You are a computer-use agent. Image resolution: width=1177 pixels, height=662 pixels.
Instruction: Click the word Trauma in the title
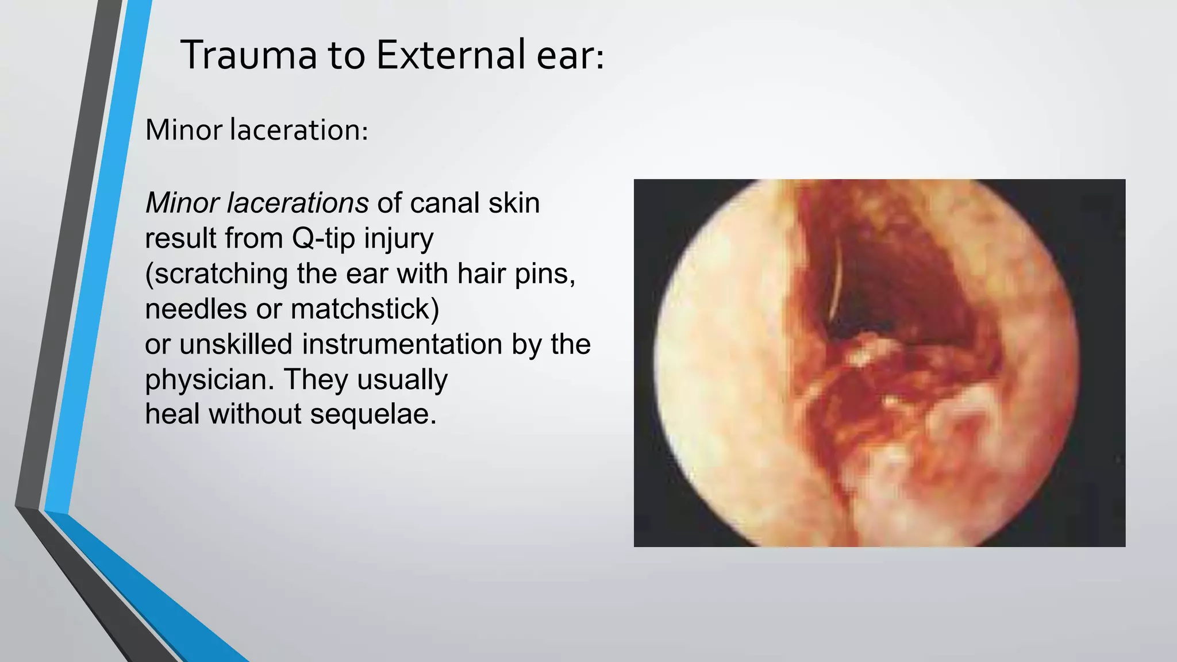tap(249, 55)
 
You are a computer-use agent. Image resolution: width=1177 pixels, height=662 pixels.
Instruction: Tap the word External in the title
tap(450, 55)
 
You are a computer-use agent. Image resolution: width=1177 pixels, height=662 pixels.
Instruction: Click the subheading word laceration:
tap(298, 130)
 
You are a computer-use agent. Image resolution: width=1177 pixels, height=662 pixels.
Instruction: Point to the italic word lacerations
tap(297, 203)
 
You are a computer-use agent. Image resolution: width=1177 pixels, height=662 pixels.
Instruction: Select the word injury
tap(398, 238)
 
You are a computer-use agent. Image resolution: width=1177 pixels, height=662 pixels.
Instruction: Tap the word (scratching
tap(216, 274)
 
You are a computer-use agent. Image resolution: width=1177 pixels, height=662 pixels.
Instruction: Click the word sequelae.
tap(373, 414)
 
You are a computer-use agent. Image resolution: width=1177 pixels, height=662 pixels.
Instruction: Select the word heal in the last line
tap(172, 414)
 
